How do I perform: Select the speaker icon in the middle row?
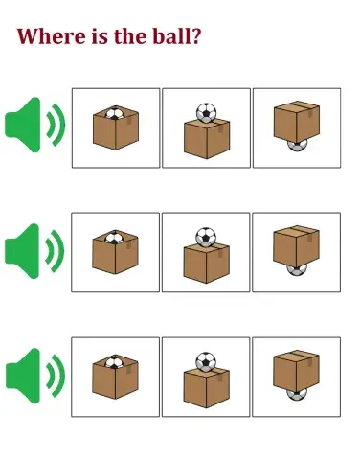(34, 251)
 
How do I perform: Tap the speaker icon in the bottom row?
(34, 376)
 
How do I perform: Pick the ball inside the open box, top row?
(114, 114)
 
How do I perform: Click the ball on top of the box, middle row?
(206, 237)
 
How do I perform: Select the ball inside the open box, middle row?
(114, 238)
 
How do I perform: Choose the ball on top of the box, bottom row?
(206, 362)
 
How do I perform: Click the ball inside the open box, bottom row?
(114, 363)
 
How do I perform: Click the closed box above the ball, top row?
(295, 121)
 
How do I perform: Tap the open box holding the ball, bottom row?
(114, 381)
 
